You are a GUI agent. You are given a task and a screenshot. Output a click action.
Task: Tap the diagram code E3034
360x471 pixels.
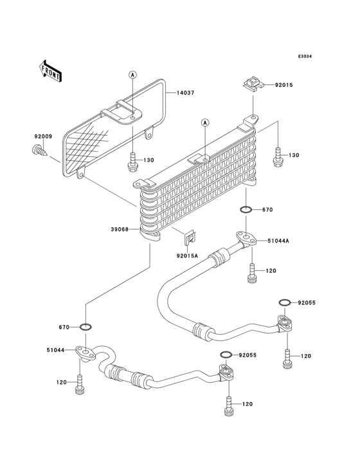point(305,57)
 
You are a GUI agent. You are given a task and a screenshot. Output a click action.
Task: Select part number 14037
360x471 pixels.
point(185,93)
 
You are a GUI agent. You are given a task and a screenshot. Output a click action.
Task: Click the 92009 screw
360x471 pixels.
point(39,150)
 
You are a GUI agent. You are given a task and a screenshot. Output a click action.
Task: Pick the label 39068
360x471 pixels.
point(120,230)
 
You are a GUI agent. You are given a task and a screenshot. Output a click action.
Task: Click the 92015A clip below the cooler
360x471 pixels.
point(189,238)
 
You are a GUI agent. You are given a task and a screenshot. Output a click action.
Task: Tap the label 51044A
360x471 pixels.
point(279,241)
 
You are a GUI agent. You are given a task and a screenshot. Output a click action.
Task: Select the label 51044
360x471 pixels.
point(56,350)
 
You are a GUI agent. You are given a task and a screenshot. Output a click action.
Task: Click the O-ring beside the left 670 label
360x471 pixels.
point(85,326)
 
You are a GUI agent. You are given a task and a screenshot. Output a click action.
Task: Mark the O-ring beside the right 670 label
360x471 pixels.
point(246,209)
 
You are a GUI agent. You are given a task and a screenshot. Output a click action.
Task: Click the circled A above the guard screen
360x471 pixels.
point(132,74)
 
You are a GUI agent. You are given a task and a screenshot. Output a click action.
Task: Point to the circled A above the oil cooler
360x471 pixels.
point(205,122)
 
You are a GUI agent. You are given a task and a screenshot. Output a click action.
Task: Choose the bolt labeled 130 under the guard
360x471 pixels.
point(132,162)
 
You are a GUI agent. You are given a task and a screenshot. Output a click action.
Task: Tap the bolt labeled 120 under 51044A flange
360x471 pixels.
point(252,273)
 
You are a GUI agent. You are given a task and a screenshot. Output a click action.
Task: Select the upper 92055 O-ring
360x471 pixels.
point(284,302)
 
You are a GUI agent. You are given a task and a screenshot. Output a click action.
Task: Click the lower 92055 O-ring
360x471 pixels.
point(226,355)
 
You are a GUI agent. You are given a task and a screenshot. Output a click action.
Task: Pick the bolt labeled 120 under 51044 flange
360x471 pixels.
point(80,385)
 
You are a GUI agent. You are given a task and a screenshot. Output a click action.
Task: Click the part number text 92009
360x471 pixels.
point(43,136)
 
